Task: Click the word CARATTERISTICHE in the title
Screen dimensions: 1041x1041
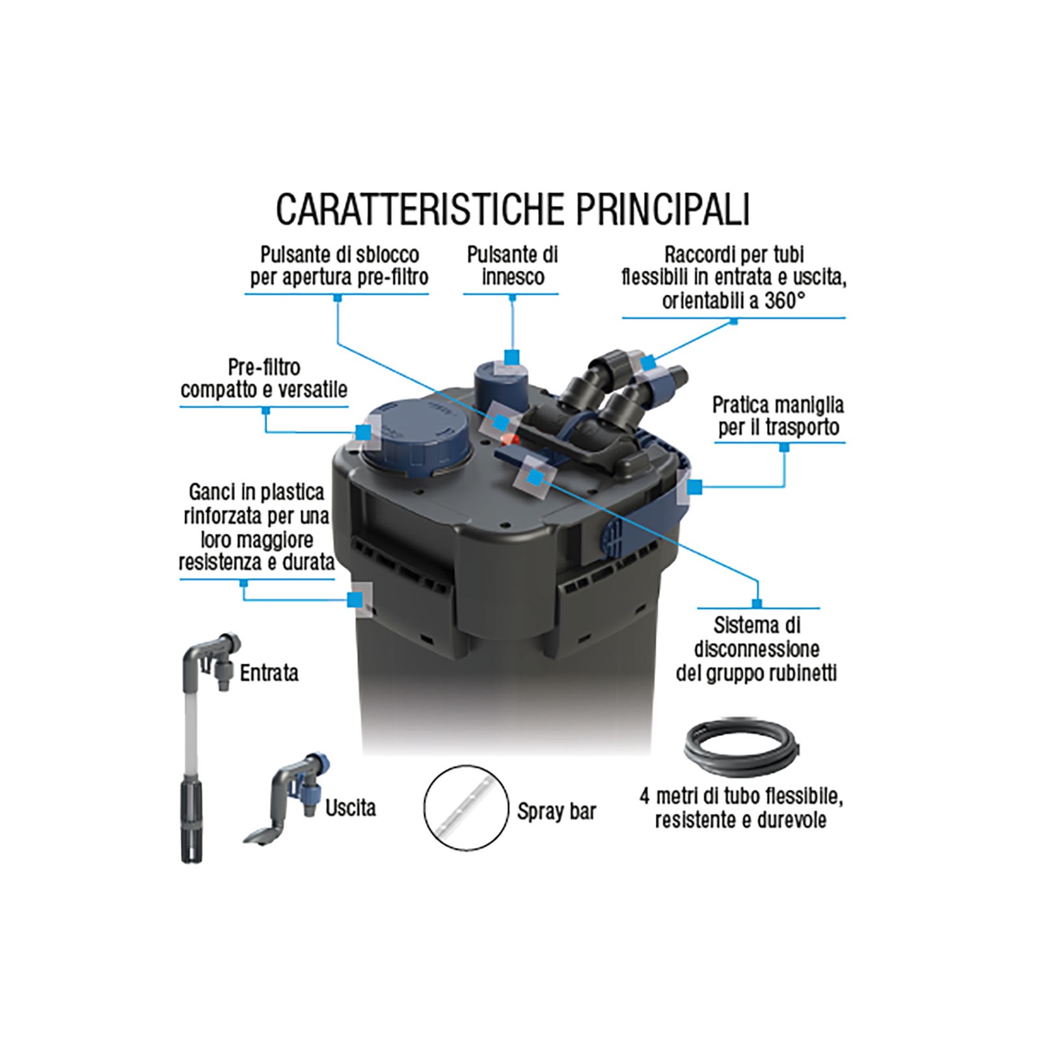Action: coord(420,208)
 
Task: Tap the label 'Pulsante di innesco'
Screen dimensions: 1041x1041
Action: coord(513,265)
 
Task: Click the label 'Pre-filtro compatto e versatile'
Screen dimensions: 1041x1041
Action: coord(264,378)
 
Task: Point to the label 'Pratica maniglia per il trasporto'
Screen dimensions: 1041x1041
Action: coord(778,416)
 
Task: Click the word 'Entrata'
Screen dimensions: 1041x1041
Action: coord(269,673)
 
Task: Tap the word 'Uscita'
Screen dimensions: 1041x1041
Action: coord(351,807)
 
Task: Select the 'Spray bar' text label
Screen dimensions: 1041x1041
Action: coord(557,811)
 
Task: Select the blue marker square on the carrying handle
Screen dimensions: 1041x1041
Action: coord(695,485)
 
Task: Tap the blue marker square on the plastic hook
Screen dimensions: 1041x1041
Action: coord(355,599)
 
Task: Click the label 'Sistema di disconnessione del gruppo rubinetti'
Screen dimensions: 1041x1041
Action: coord(756,649)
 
